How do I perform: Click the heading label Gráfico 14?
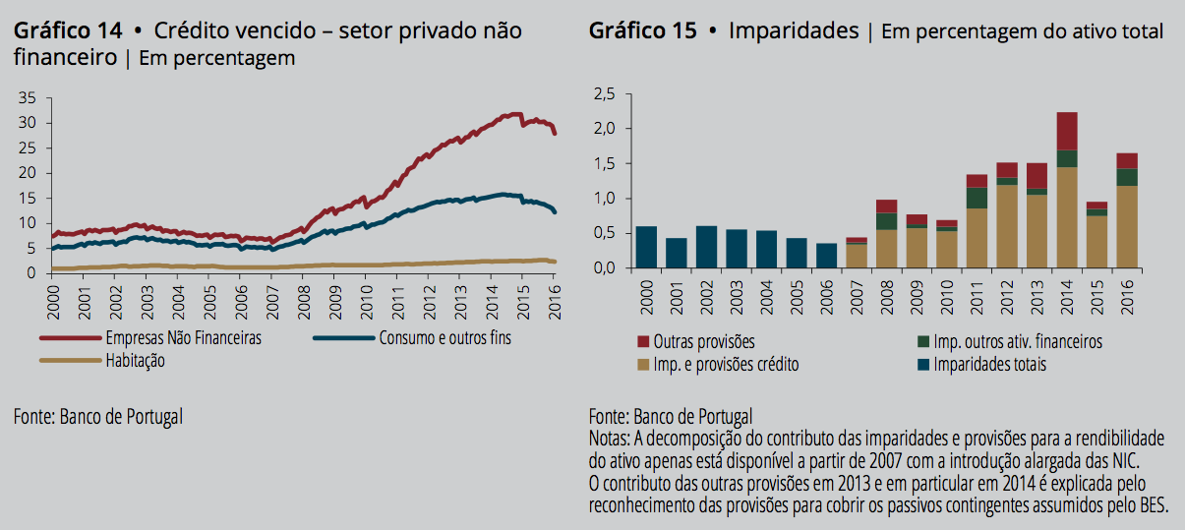[x=67, y=31]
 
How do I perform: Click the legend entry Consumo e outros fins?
[x=444, y=338]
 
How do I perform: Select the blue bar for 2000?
[x=646, y=247]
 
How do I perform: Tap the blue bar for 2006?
[x=827, y=256]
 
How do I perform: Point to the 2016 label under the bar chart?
[x=1127, y=295]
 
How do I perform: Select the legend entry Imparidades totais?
[x=988, y=365]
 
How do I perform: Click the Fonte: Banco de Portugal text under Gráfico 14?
[x=98, y=416]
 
